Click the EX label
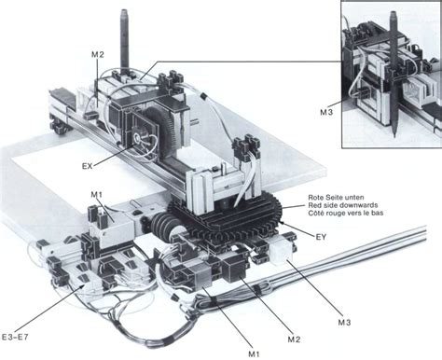[88, 166]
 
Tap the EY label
[321, 237]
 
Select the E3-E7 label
[15, 337]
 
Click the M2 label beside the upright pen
[98, 54]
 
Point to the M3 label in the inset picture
[326, 112]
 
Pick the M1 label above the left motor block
[96, 195]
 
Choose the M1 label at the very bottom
[254, 353]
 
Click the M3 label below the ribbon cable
[344, 323]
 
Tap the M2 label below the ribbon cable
[294, 339]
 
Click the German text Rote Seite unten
[336, 198]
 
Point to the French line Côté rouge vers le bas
[346, 213]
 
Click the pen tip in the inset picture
[394, 136]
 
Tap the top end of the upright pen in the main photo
[125, 10]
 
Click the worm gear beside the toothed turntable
[165, 227]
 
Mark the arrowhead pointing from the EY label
[283, 222]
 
